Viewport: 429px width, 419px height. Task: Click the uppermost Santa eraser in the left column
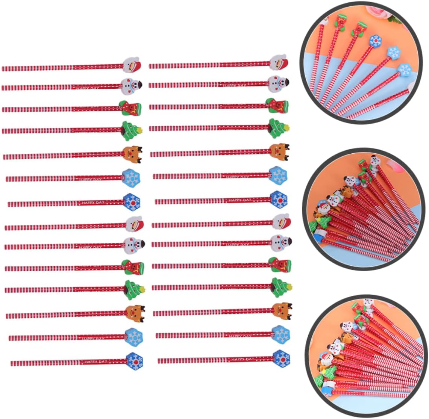point(132,65)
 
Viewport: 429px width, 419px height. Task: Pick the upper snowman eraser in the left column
point(132,86)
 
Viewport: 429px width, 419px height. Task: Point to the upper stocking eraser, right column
point(277,106)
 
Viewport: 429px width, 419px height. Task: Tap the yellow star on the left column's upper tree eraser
point(141,131)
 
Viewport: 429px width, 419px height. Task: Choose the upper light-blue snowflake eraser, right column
point(278,174)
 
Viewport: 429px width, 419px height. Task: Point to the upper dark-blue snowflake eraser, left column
point(132,201)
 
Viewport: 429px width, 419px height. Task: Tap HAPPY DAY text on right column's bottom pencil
point(243,360)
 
